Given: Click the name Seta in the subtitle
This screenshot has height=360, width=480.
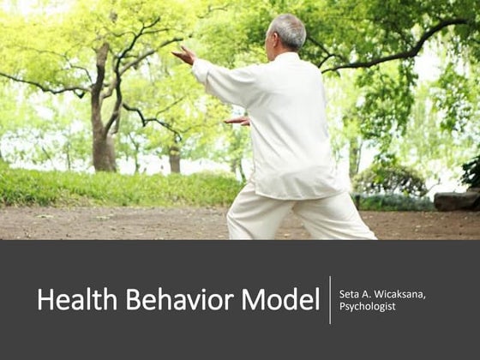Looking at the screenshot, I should (350, 295).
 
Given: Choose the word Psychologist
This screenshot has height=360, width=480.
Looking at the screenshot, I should (368, 307).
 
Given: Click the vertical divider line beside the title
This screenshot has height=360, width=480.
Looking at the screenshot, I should (330, 300).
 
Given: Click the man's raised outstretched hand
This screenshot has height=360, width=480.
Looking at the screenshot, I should (183, 55).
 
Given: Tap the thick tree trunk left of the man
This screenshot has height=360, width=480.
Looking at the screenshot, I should (104, 129).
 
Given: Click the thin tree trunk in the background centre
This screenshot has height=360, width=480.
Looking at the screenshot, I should (175, 159).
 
